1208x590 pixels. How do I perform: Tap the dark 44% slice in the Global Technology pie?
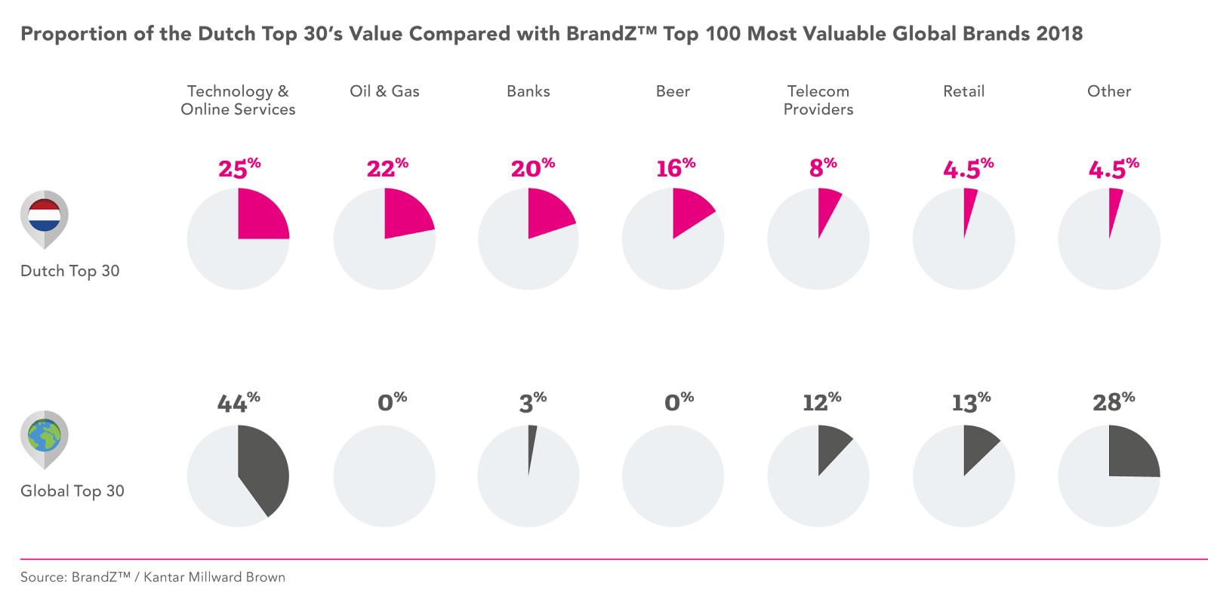264,468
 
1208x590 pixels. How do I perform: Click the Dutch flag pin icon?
44,216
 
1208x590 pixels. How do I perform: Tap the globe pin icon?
44,436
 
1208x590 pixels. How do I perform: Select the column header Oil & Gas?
384,91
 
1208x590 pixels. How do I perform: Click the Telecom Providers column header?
818,100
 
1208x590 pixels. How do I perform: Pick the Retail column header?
963,91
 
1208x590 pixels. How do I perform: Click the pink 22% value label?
387,167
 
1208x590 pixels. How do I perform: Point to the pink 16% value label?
675,167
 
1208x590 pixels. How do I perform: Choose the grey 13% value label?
970,402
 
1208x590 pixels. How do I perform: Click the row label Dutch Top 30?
69,272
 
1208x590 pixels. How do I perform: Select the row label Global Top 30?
72,491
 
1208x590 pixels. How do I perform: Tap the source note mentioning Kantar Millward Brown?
153,577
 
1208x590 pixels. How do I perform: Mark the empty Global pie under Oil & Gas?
384,476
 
